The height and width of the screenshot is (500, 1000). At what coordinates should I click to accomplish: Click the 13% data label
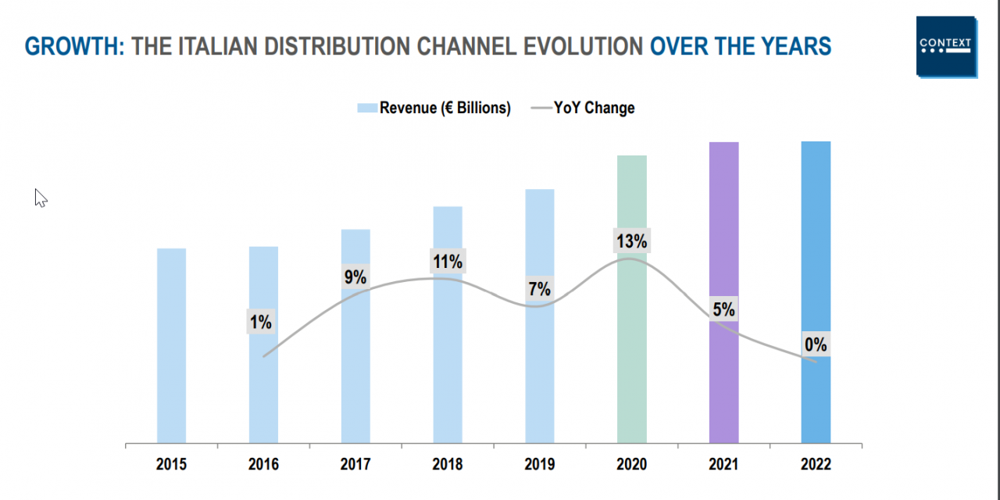click(x=631, y=241)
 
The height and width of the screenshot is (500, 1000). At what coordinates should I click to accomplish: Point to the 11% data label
click(x=448, y=262)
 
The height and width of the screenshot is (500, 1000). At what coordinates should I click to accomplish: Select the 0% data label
click(x=816, y=345)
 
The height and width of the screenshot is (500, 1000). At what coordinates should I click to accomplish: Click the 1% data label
click(x=261, y=322)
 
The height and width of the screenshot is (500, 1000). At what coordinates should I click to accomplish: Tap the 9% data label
click(x=355, y=277)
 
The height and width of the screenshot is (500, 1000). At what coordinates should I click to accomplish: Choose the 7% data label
click(x=539, y=289)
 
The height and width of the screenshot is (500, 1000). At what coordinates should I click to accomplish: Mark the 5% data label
click(x=723, y=309)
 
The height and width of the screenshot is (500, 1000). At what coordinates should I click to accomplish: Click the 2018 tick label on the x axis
click(x=447, y=465)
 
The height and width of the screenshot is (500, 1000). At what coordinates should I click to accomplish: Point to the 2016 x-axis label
click(x=263, y=465)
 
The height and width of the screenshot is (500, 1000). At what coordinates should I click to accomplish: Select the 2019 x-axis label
click(x=539, y=465)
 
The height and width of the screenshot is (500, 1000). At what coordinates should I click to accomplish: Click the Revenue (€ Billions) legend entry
click(x=434, y=108)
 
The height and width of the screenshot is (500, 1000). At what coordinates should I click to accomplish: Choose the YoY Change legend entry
click(x=584, y=108)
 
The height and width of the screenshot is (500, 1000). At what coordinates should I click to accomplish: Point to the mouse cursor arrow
click(x=40, y=198)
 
